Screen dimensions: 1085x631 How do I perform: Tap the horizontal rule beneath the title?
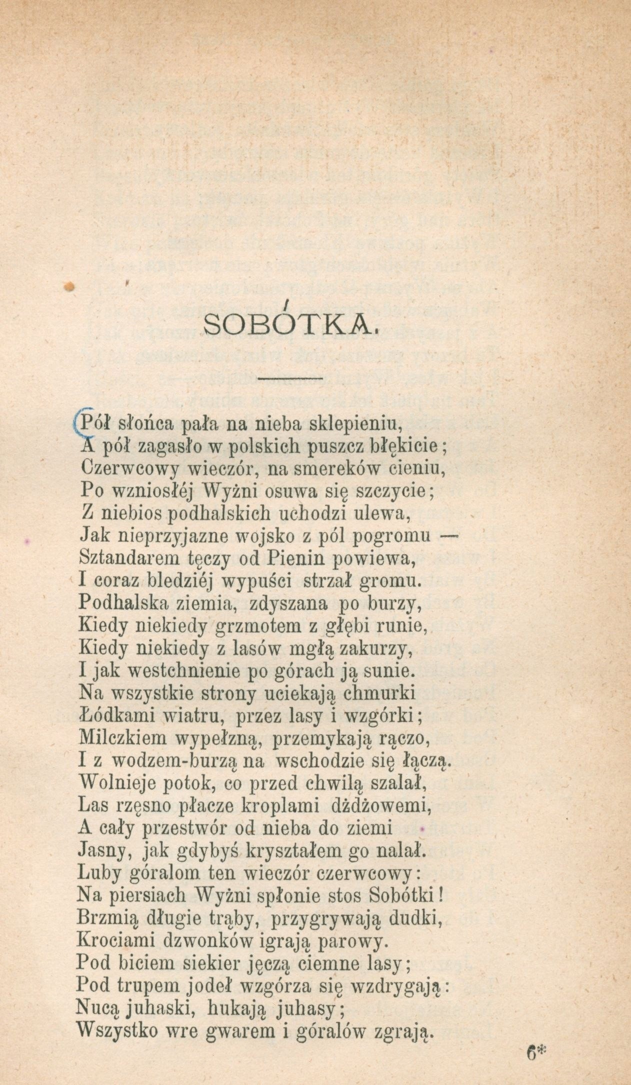(291, 378)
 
